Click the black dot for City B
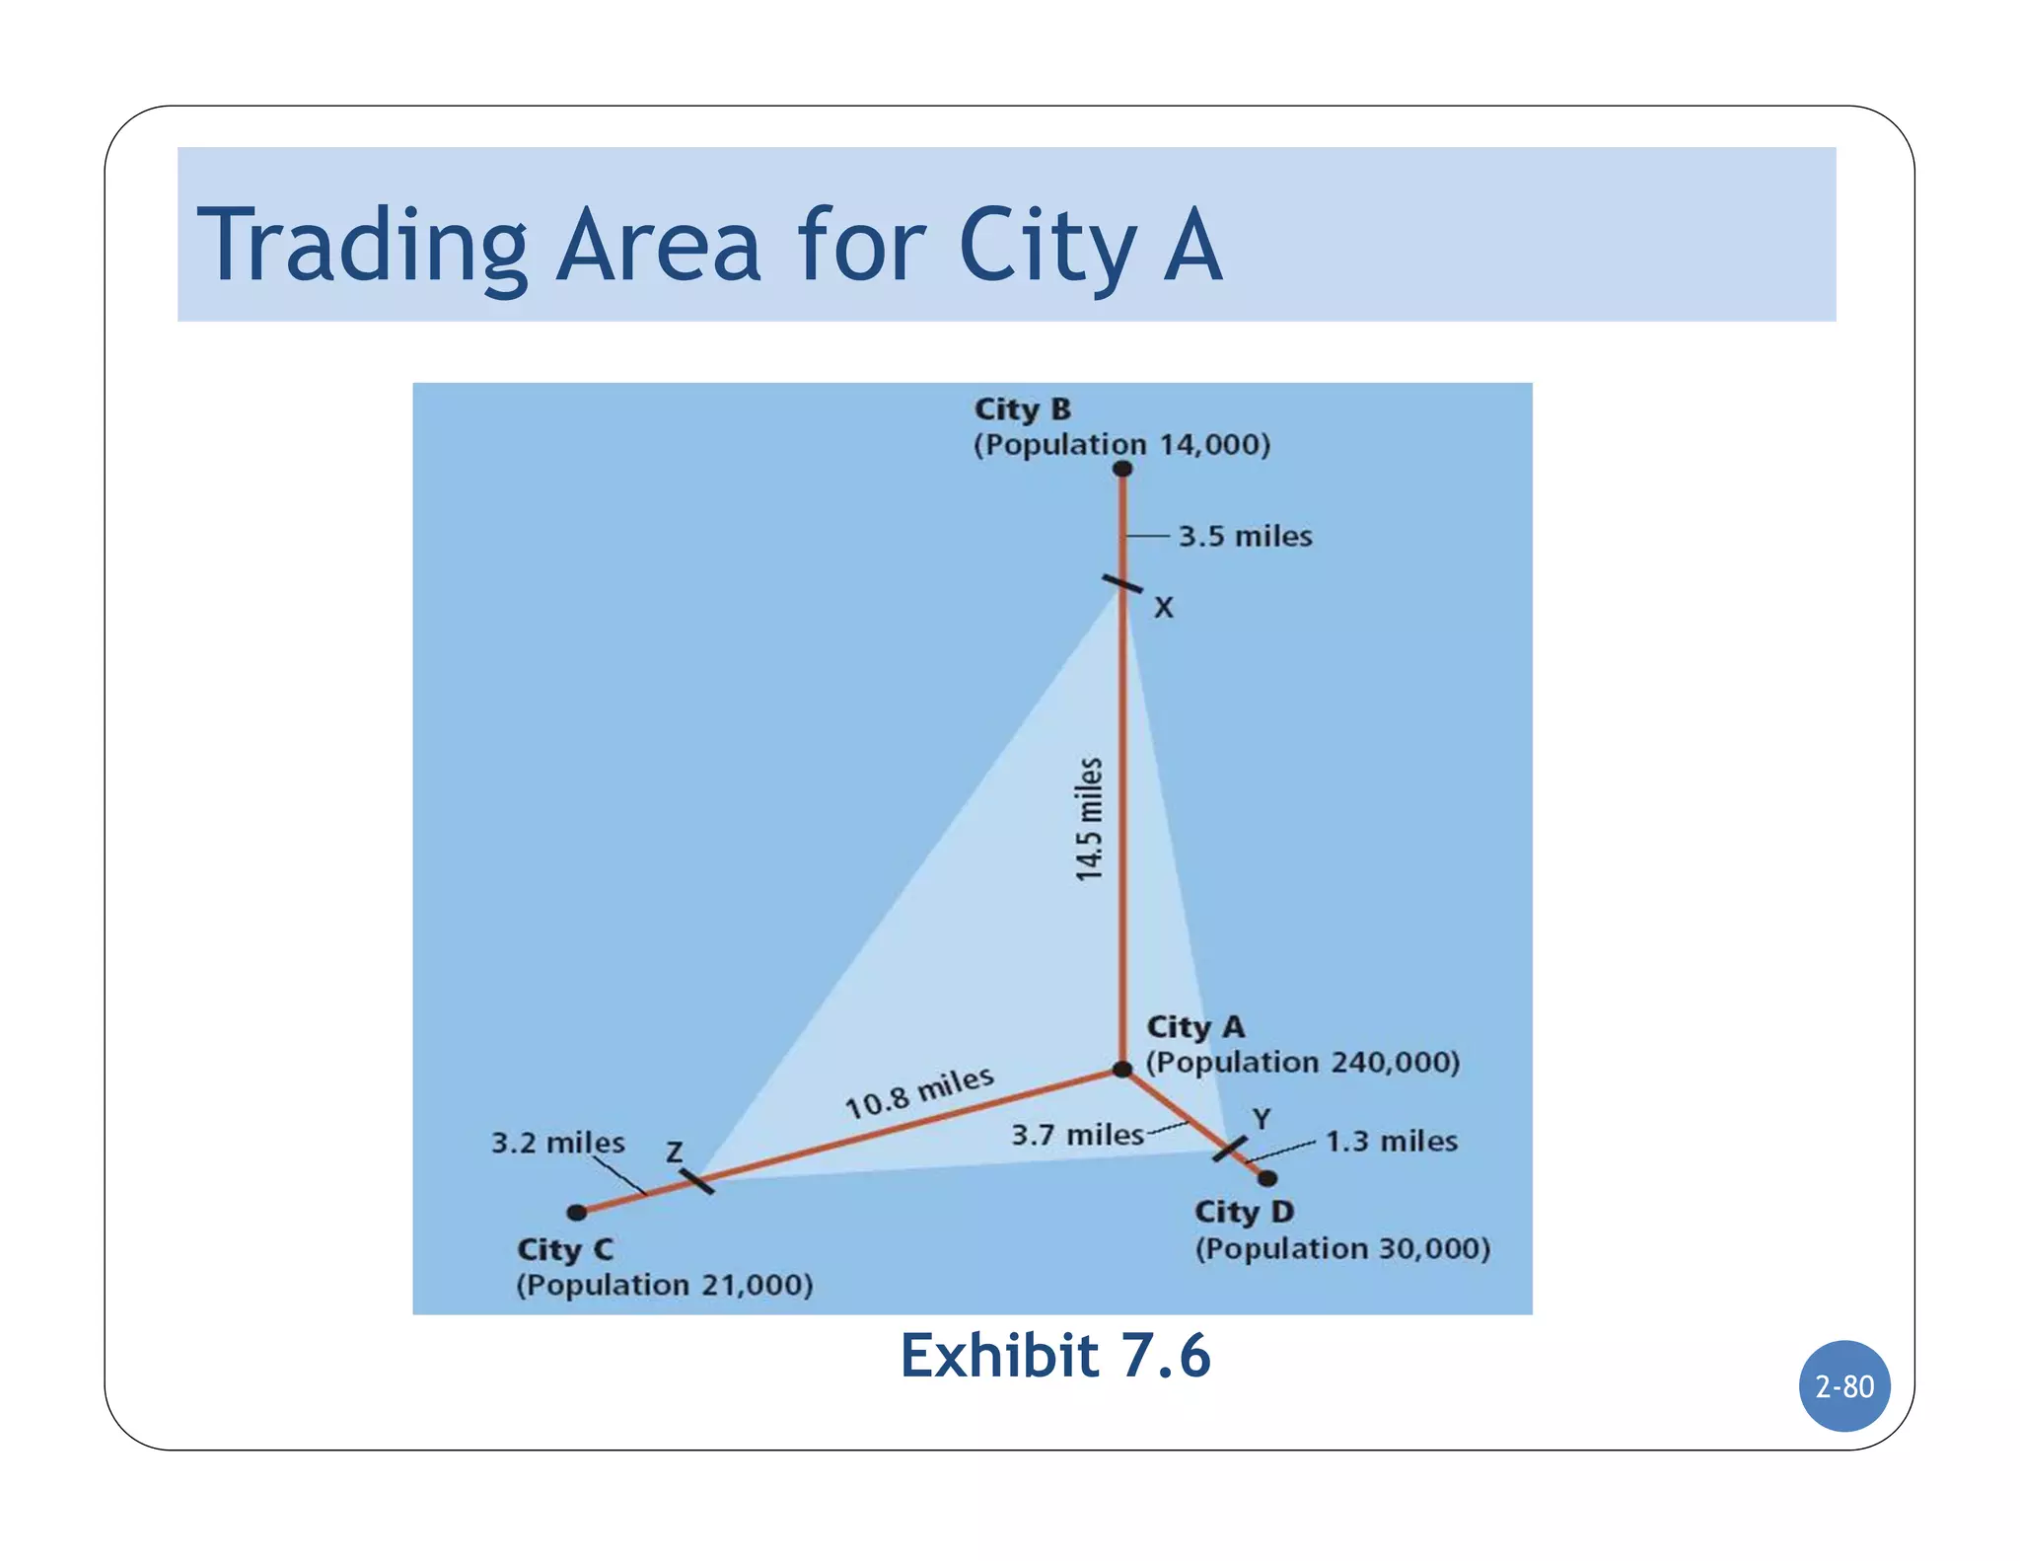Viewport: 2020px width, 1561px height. (x=1122, y=469)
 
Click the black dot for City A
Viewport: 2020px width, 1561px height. (x=1122, y=1070)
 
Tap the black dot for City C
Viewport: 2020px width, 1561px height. (x=577, y=1212)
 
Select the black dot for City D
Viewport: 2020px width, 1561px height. (x=1267, y=1178)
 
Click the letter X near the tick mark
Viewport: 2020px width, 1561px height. (x=1164, y=608)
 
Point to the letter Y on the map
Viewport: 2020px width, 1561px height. (x=1262, y=1119)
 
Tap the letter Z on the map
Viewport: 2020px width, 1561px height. (x=675, y=1152)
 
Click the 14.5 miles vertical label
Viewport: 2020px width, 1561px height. (x=1089, y=819)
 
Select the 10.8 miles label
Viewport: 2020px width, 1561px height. (x=919, y=1092)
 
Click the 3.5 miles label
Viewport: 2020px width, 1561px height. (x=1246, y=537)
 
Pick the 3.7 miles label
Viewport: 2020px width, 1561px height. (x=1077, y=1135)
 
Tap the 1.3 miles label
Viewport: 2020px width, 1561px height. (x=1391, y=1142)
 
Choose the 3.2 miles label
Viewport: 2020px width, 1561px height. (x=558, y=1143)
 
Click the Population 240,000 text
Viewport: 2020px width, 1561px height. (x=1302, y=1063)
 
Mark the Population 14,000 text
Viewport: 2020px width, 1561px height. (x=1122, y=445)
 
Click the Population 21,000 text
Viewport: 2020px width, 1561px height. (x=665, y=1285)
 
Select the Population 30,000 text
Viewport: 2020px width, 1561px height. (x=1342, y=1249)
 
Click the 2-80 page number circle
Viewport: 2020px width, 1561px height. (x=1844, y=1386)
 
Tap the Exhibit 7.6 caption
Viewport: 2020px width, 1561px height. (x=1054, y=1356)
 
